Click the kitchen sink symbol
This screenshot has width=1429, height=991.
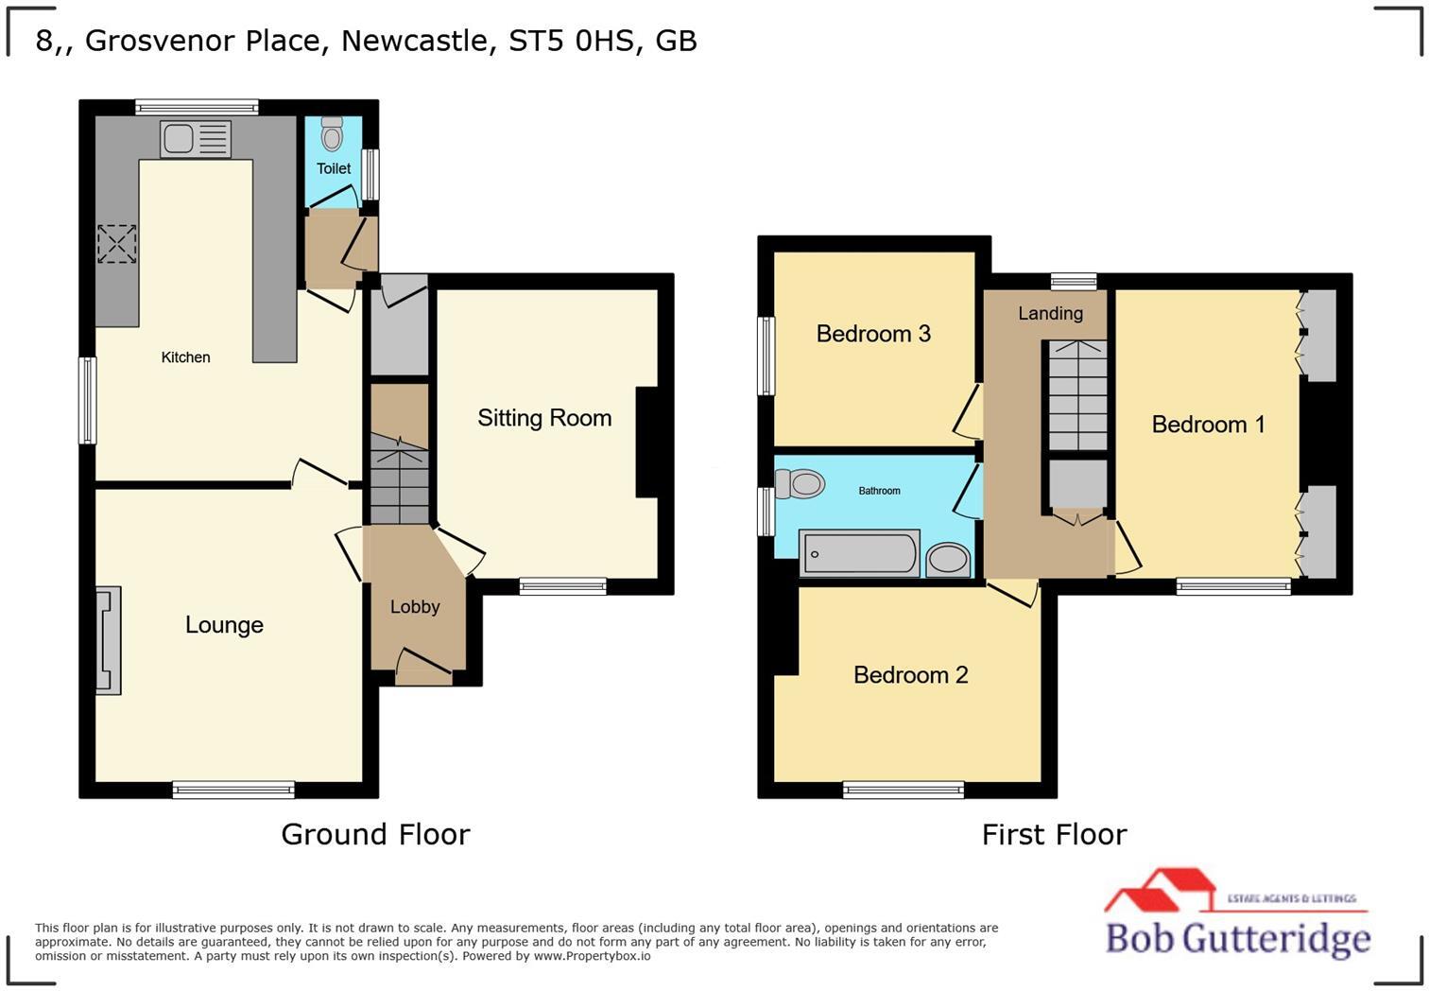(x=196, y=140)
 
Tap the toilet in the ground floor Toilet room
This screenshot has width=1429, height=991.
(x=332, y=135)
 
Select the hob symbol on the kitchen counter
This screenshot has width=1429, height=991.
(x=117, y=244)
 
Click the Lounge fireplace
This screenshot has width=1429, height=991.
(x=108, y=640)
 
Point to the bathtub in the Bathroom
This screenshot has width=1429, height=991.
(x=859, y=553)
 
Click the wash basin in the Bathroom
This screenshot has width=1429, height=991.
(x=948, y=559)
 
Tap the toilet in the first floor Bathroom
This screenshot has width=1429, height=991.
(x=800, y=485)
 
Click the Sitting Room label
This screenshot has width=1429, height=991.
(x=544, y=418)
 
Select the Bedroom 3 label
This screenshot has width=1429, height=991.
(x=873, y=334)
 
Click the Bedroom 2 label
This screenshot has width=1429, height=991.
(x=910, y=675)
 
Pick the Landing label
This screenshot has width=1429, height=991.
(x=1050, y=313)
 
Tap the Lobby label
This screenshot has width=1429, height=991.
(x=415, y=607)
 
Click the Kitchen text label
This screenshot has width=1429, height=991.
(x=185, y=357)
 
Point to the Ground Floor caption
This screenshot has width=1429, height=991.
(x=375, y=834)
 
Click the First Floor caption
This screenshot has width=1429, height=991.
(x=1054, y=834)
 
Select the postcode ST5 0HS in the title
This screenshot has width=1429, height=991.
(x=570, y=41)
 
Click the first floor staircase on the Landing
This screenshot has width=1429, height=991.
(x=1077, y=395)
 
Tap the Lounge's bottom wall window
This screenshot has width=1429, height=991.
(x=233, y=790)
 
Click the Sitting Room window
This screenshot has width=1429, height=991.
(x=562, y=586)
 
